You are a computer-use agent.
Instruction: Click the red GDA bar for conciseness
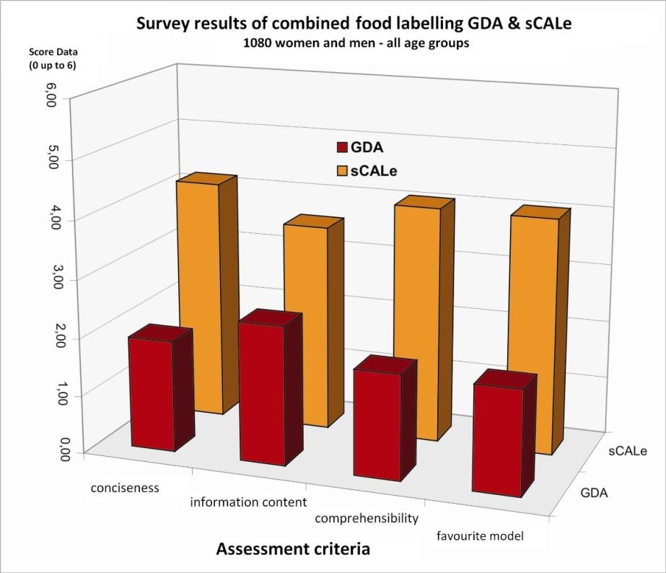[152, 393]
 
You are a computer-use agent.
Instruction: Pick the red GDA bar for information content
[263, 393]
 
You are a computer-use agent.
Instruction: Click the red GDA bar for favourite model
[498, 440]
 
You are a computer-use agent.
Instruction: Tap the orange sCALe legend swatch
[342, 172]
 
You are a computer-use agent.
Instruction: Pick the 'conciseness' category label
[125, 488]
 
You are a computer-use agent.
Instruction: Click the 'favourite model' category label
[481, 535]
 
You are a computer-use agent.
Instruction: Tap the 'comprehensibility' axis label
[367, 518]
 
